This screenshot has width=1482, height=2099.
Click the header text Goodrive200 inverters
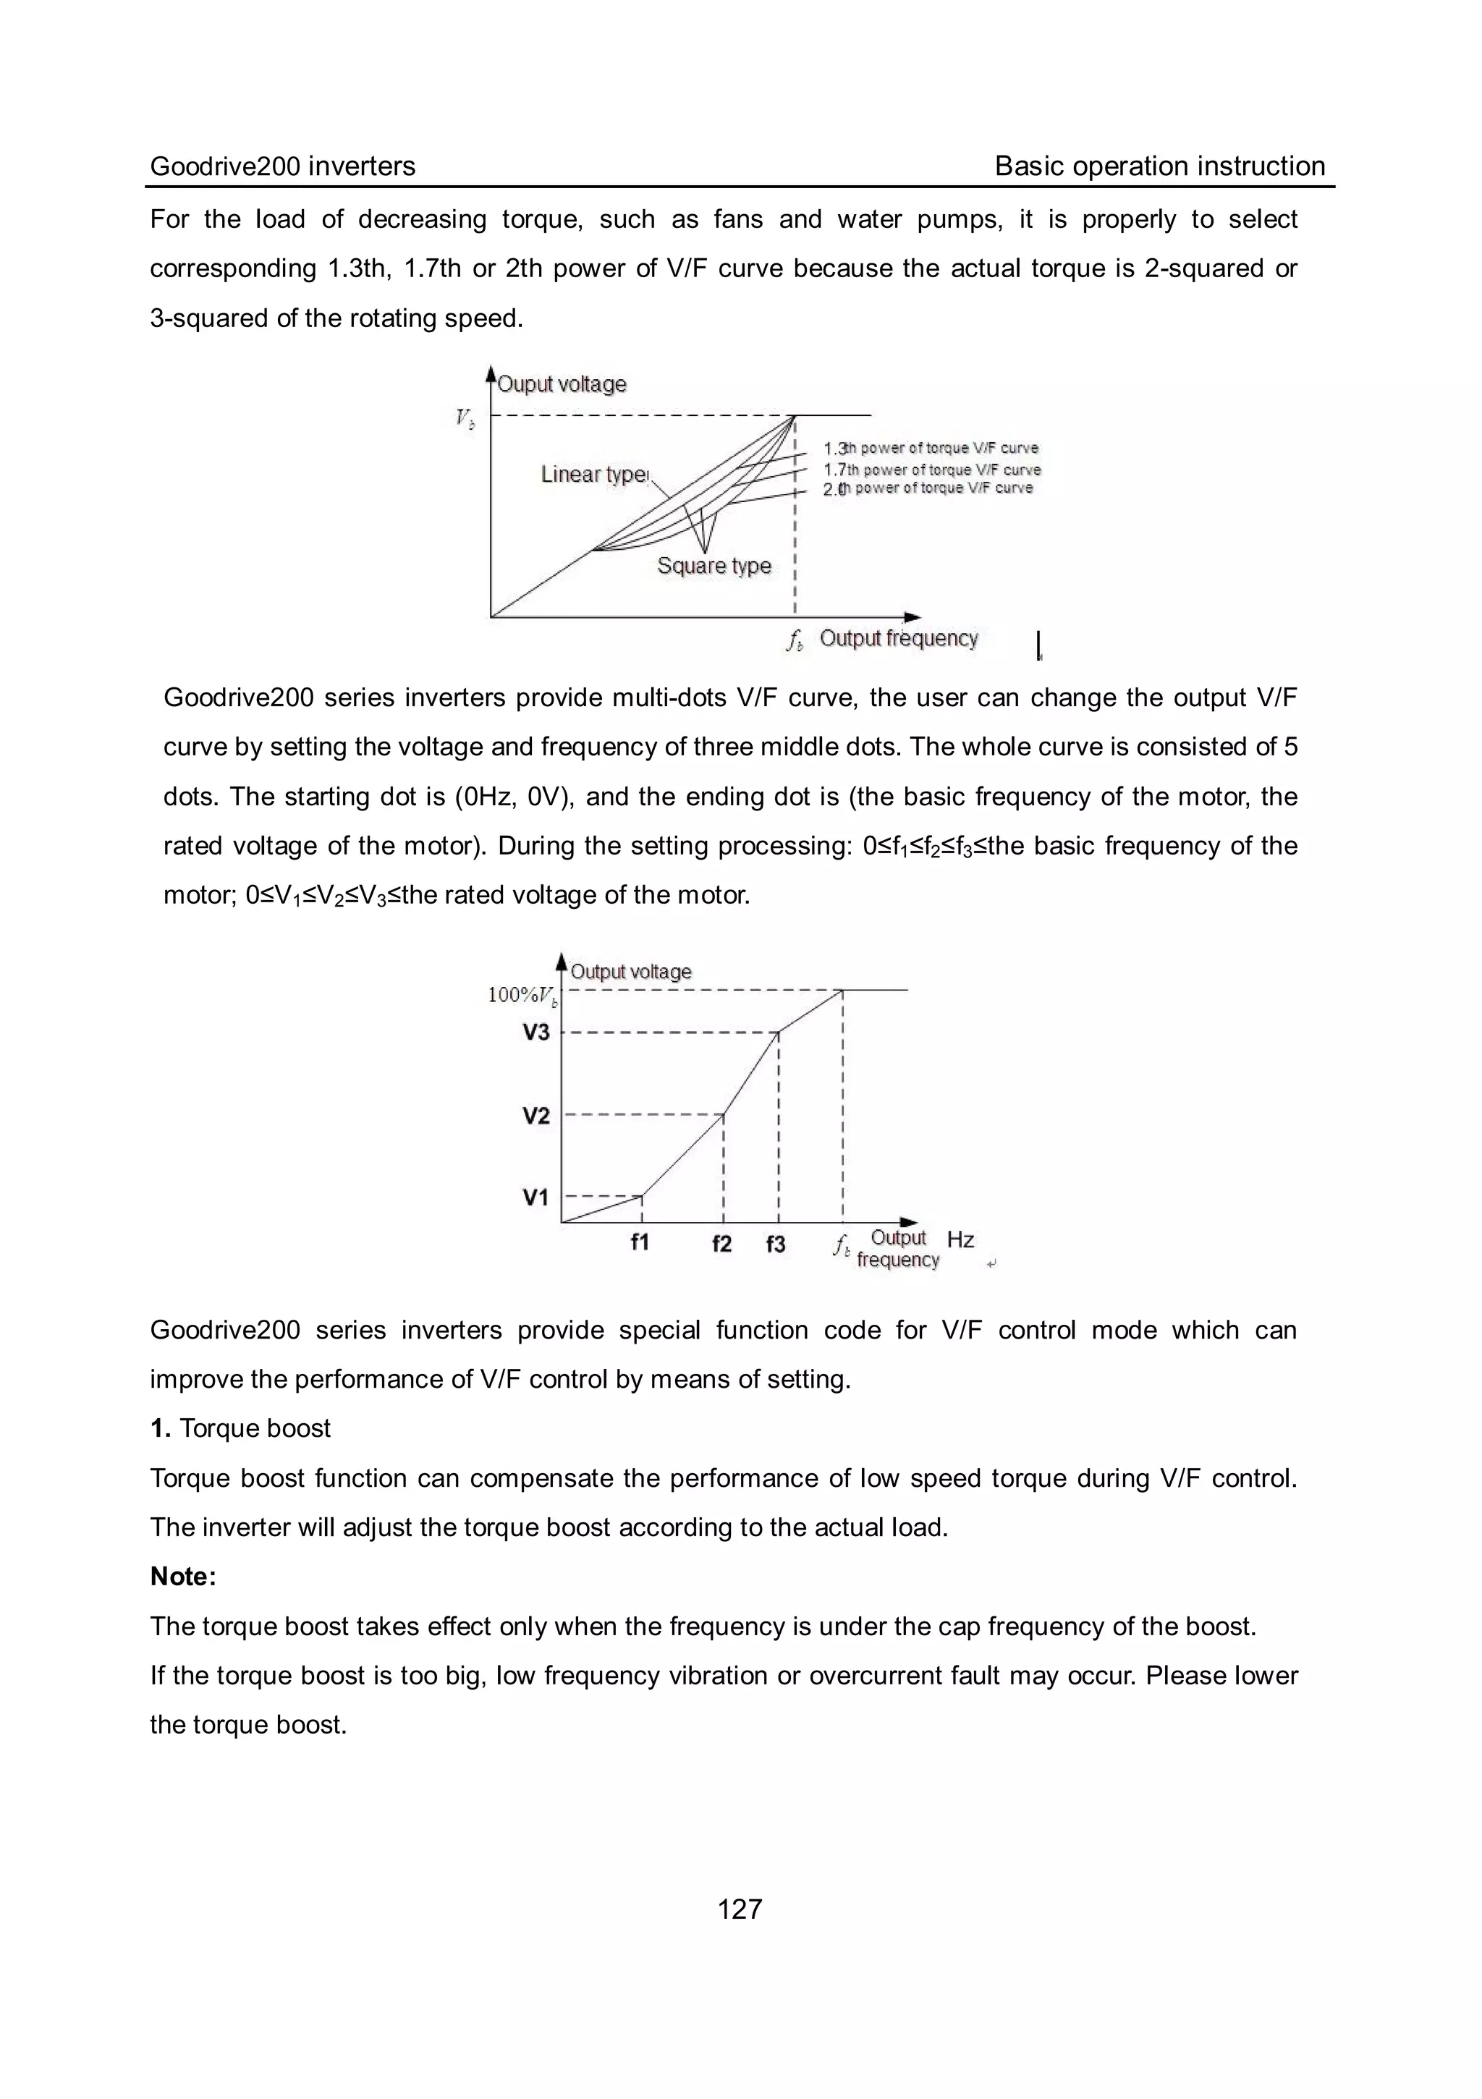click(x=281, y=166)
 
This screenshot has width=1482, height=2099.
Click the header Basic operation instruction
click(x=1159, y=166)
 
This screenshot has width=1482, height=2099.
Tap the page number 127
click(x=740, y=1909)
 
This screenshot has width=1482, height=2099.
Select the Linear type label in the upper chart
click(x=593, y=475)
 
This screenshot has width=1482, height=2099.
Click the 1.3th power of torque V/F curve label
click(x=931, y=448)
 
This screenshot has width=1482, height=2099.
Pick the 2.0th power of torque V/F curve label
click(x=927, y=489)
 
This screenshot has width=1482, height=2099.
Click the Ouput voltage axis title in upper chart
click(x=562, y=384)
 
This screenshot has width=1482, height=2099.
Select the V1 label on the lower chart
click(x=535, y=1197)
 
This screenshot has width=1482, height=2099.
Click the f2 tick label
click(x=721, y=1244)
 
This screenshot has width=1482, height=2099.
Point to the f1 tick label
click(x=640, y=1242)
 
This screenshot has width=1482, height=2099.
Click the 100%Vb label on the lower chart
click(x=522, y=995)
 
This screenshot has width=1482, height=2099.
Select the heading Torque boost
click(x=254, y=1429)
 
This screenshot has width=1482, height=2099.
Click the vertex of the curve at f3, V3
click(x=778, y=1033)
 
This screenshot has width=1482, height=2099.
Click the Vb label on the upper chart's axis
click(x=465, y=419)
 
